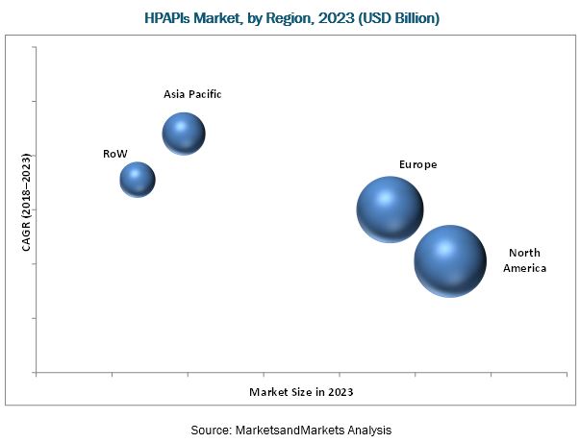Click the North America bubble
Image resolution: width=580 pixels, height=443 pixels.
click(x=450, y=260)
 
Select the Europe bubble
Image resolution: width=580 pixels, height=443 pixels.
click(x=390, y=209)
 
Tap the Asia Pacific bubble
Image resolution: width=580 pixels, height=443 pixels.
click(x=184, y=134)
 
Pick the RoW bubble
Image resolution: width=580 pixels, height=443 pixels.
click(x=138, y=179)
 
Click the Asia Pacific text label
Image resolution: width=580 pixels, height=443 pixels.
click(x=191, y=94)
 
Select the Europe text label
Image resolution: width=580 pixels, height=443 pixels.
click(x=418, y=164)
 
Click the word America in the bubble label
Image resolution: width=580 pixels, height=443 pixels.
click(x=524, y=268)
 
